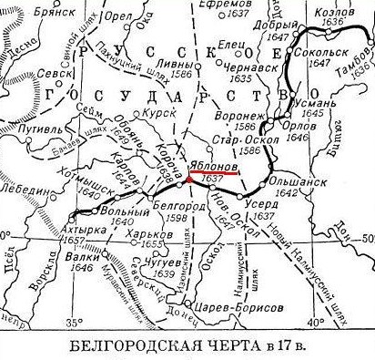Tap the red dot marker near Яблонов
tap(188, 179)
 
